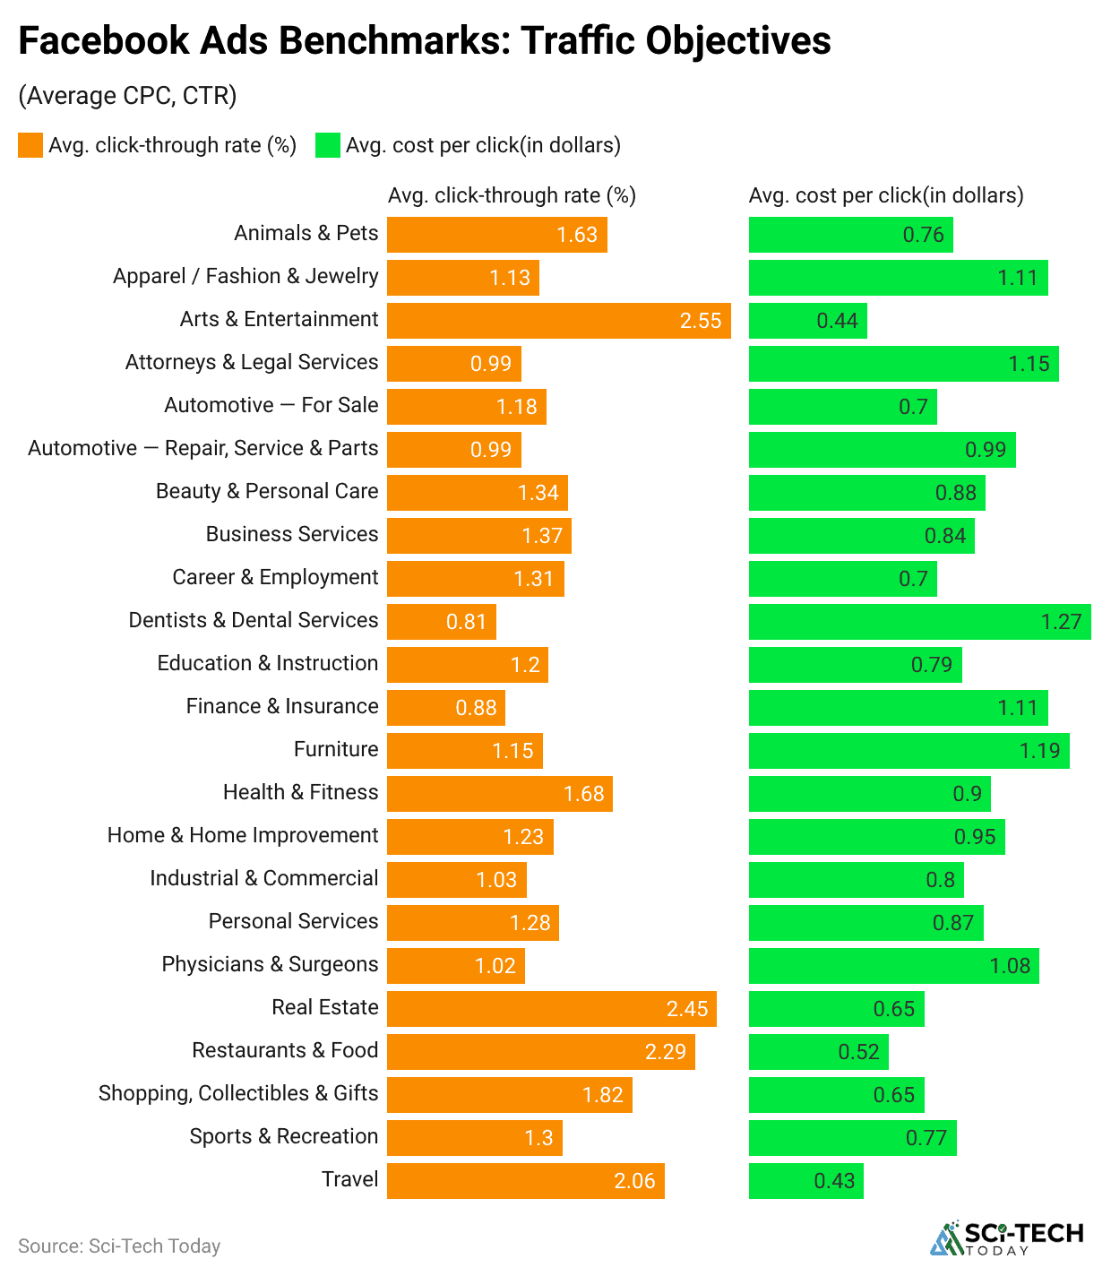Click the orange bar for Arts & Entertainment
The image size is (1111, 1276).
[558, 321]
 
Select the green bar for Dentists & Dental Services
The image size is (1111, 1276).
[919, 622]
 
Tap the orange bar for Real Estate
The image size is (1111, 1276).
[551, 1009]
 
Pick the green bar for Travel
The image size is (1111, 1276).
[805, 1181]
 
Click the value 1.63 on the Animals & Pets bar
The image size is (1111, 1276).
[576, 235]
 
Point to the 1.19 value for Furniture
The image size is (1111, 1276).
[1039, 751]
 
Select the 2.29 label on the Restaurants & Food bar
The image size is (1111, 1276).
[665, 1052]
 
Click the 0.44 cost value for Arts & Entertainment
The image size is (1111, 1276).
[837, 321]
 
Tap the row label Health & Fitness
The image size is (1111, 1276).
[300, 792]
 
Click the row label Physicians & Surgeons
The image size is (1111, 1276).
[270, 964]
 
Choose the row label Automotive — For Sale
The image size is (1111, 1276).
[271, 405]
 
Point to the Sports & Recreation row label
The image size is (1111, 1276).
[283, 1136]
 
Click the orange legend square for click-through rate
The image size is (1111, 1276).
[30, 145]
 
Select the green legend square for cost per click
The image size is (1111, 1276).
[328, 145]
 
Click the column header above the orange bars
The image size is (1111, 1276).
[512, 195]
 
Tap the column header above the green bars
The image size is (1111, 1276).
[885, 195]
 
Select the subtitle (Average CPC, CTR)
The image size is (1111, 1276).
[127, 96]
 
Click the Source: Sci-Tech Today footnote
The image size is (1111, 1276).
[119, 1246]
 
